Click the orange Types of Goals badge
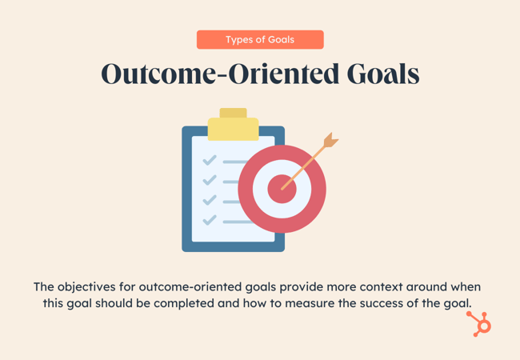pos(260,40)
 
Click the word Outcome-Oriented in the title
pos(221,74)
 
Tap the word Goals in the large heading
pos(383,74)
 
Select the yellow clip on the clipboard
pos(233,124)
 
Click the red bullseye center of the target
pos(282,189)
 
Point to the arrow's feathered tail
pos(331,140)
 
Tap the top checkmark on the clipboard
pos(210,161)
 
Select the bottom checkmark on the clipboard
pos(210,220)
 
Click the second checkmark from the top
pos(210,180)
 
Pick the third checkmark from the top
pos(210,200)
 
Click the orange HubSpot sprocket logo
pos(479,324)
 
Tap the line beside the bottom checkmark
pos(238,222)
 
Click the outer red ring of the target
pos(245,189)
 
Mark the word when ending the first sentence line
pos(466,287)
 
